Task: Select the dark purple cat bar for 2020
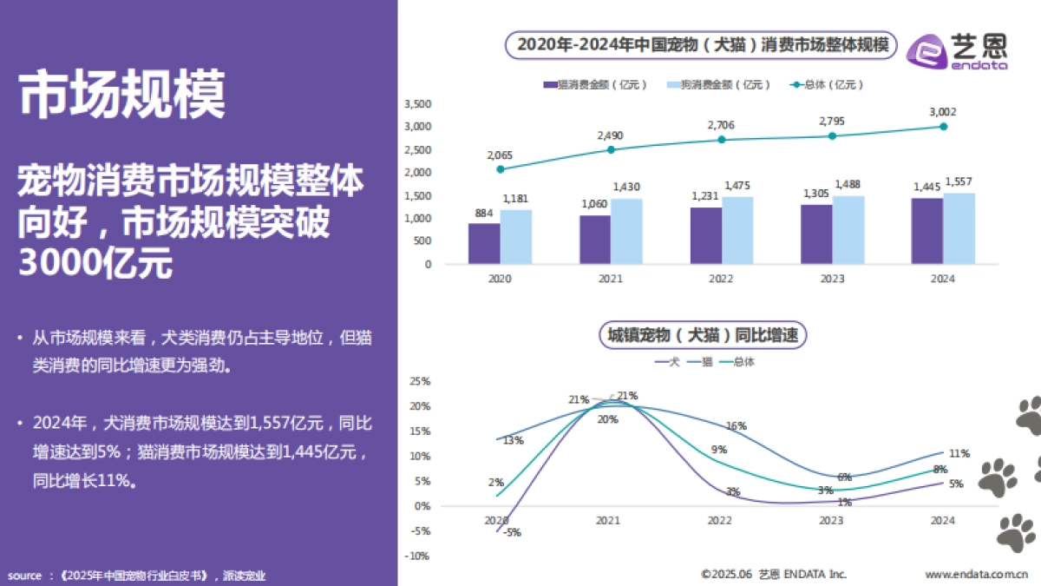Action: coord(484,243)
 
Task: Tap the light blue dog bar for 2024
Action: coord(959,228)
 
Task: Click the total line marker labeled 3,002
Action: coord(944,127)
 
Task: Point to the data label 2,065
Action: coord(500,155)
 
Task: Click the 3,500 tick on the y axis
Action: coord(418,103)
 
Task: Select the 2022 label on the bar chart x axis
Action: coord(721,279)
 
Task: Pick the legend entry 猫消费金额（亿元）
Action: coord(594,84)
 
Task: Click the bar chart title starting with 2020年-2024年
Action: coord(704,44)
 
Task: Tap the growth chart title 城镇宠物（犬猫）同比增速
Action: coord(702,334)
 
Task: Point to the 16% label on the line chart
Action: coord(737,426)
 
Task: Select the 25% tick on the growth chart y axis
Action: coord(420,381)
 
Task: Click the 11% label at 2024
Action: coord(959,453)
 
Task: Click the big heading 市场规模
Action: coord(122,94)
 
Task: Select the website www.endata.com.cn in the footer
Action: coord(976,574)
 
